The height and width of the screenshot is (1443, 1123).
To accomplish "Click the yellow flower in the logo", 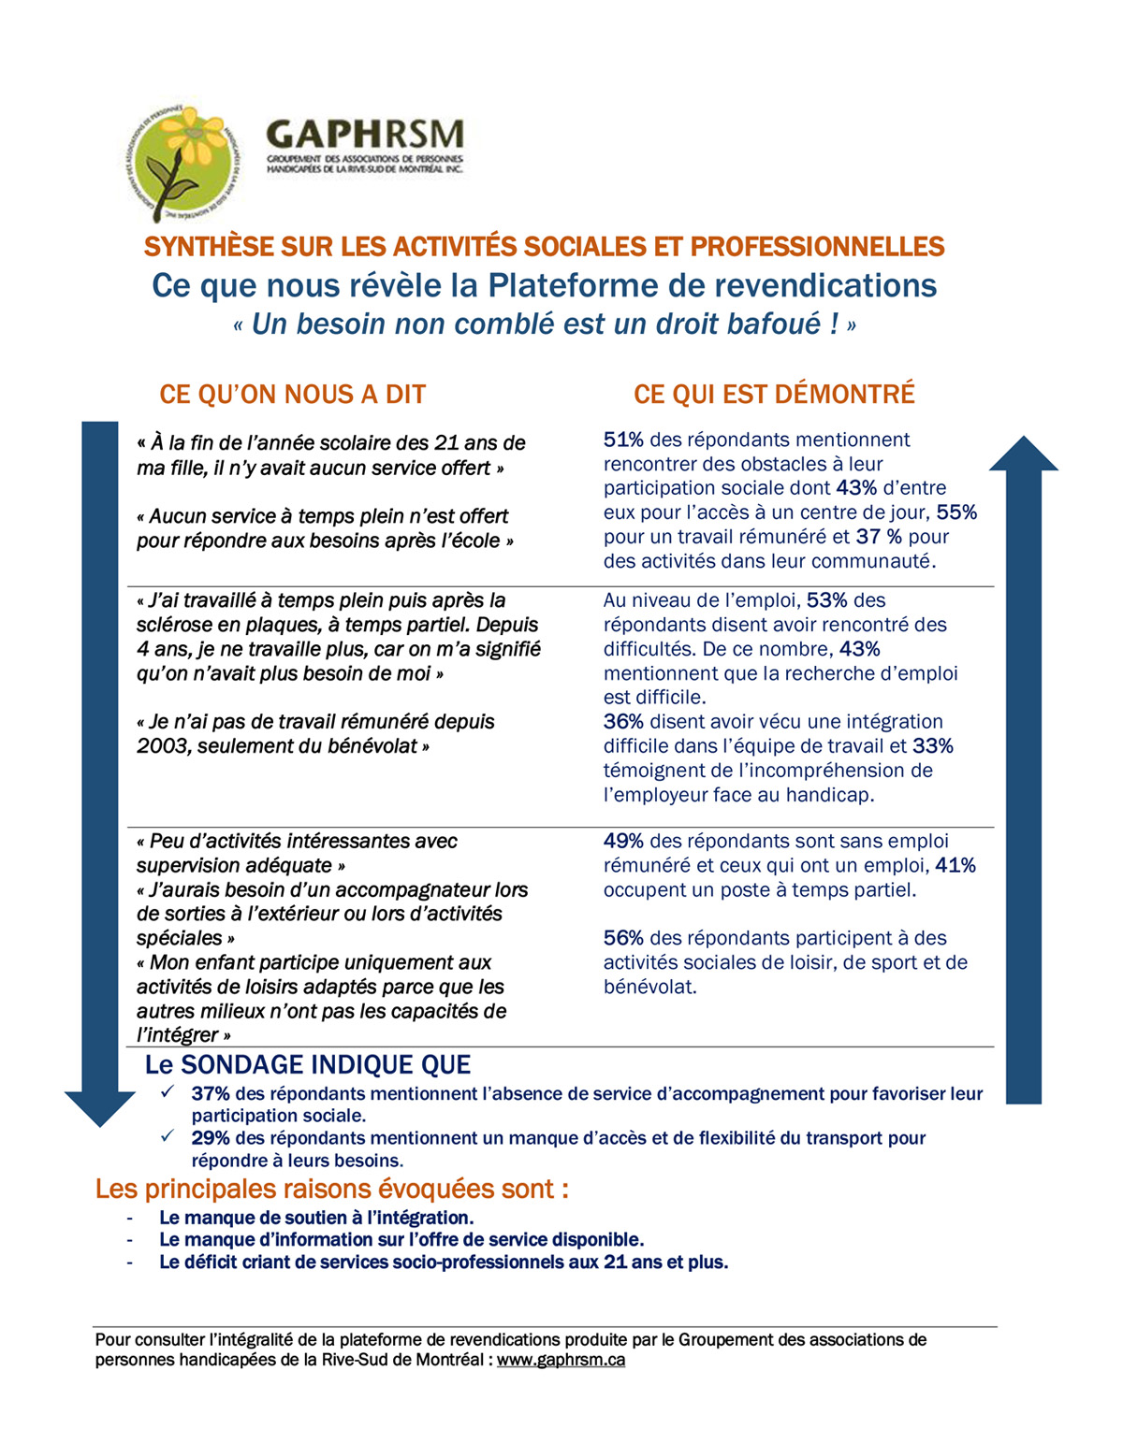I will [x=194, y=139].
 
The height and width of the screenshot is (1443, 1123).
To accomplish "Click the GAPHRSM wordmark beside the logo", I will [x=365, y=134].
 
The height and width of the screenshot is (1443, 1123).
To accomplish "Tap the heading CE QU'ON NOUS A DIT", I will [x=292, y=395].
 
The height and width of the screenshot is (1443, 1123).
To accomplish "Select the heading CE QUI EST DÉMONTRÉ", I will [x=774, y=395].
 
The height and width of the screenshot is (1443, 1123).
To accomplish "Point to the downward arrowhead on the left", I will [x=99, y=1107].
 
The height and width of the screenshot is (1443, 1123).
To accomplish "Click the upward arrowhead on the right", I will [x=1023, y=455].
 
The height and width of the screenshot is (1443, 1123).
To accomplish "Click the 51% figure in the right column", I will [x=623, y=440].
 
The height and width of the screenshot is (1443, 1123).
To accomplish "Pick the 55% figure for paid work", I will [x=956, y=512].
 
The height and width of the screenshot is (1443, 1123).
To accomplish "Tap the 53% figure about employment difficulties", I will [x=826, y=600].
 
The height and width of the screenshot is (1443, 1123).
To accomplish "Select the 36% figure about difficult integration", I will [x=623, y=722].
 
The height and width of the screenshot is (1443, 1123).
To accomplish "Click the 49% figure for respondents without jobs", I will [x=623, y=842].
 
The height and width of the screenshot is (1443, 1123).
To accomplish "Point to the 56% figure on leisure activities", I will [x=623, y=938].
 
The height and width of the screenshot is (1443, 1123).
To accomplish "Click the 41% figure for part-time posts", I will [x=955, y=866].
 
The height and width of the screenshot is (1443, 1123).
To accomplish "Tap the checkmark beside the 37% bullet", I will [x=168, y=1092].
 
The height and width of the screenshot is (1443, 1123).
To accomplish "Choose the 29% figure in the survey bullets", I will [x=211, y=1138].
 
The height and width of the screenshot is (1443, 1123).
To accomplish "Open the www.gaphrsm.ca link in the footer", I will [x=561, y=1360].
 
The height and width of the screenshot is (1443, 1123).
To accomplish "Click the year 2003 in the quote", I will [x=162, y=746].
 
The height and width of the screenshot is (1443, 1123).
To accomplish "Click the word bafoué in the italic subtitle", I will [x=776, y=325].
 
